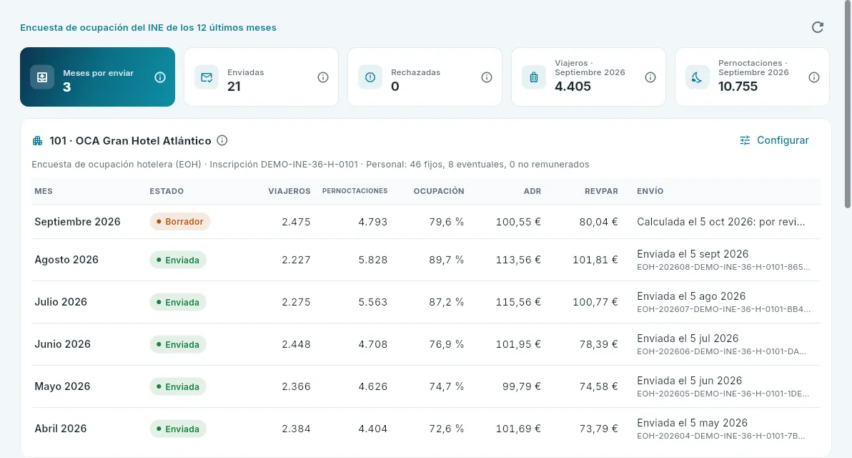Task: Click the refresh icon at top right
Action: pos(817,27)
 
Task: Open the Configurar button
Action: pos(774,140)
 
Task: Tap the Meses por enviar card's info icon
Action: pos(160,77)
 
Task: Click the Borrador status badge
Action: pos(180,221)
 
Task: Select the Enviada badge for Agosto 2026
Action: pos(178,260)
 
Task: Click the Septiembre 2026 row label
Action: pos(77,221)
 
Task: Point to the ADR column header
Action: pos(532,191)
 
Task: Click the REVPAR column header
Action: pos(601,191)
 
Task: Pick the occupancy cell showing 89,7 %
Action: pos(446,260)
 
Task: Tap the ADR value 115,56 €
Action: pos(517,302)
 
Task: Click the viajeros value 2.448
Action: pos(296,344)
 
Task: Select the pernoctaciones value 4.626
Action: pos(373,386)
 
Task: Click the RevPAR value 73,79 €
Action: pos(598,429)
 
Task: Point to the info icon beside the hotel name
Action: pos(222,140)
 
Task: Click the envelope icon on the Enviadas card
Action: pos(207,77)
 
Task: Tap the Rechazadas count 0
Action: pos(395,87)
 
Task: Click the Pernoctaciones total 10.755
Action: pos(738,87)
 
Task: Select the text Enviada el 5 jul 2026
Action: pos(688,338)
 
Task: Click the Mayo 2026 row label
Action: pos(62,386)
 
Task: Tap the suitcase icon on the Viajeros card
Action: pos(534,77)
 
